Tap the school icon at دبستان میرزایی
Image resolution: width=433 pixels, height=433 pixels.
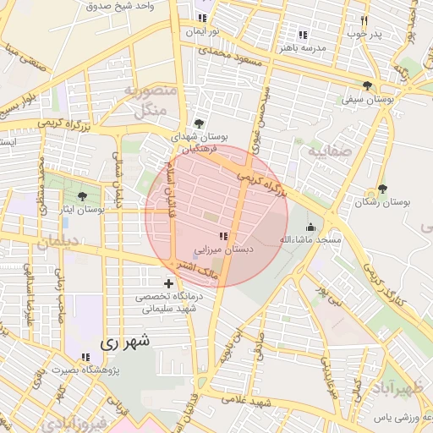[223, 238]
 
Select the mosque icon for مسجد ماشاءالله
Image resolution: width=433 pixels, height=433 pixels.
[310, 227]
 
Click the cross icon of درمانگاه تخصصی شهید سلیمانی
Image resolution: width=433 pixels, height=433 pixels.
[168, 282]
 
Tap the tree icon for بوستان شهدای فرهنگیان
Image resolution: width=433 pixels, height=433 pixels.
[199, 123]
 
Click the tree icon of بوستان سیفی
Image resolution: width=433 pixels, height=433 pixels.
[366, 85]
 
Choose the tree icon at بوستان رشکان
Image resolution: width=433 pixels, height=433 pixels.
[382, 189]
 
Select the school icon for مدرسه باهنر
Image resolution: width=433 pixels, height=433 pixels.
[302, 35]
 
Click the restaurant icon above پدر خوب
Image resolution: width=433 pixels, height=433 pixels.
[364, 20]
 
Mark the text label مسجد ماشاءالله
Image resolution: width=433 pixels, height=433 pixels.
[310, 240]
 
